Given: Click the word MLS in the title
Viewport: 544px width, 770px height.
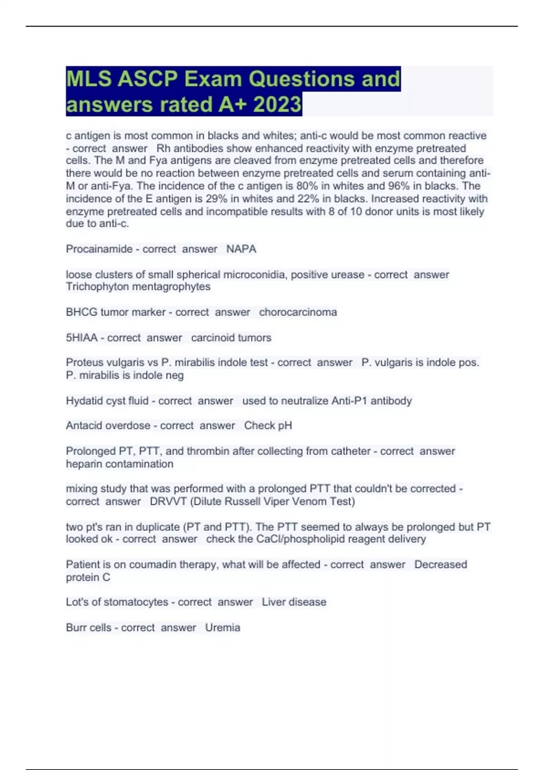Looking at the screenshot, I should pos(88,79).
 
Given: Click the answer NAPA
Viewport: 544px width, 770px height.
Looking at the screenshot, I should pos(241,249).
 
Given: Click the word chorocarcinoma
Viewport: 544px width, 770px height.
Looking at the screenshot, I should pos(298,312).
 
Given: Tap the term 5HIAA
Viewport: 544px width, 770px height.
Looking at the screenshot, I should pos(82,338).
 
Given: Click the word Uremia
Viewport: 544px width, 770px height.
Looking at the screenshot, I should pos(223,628).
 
